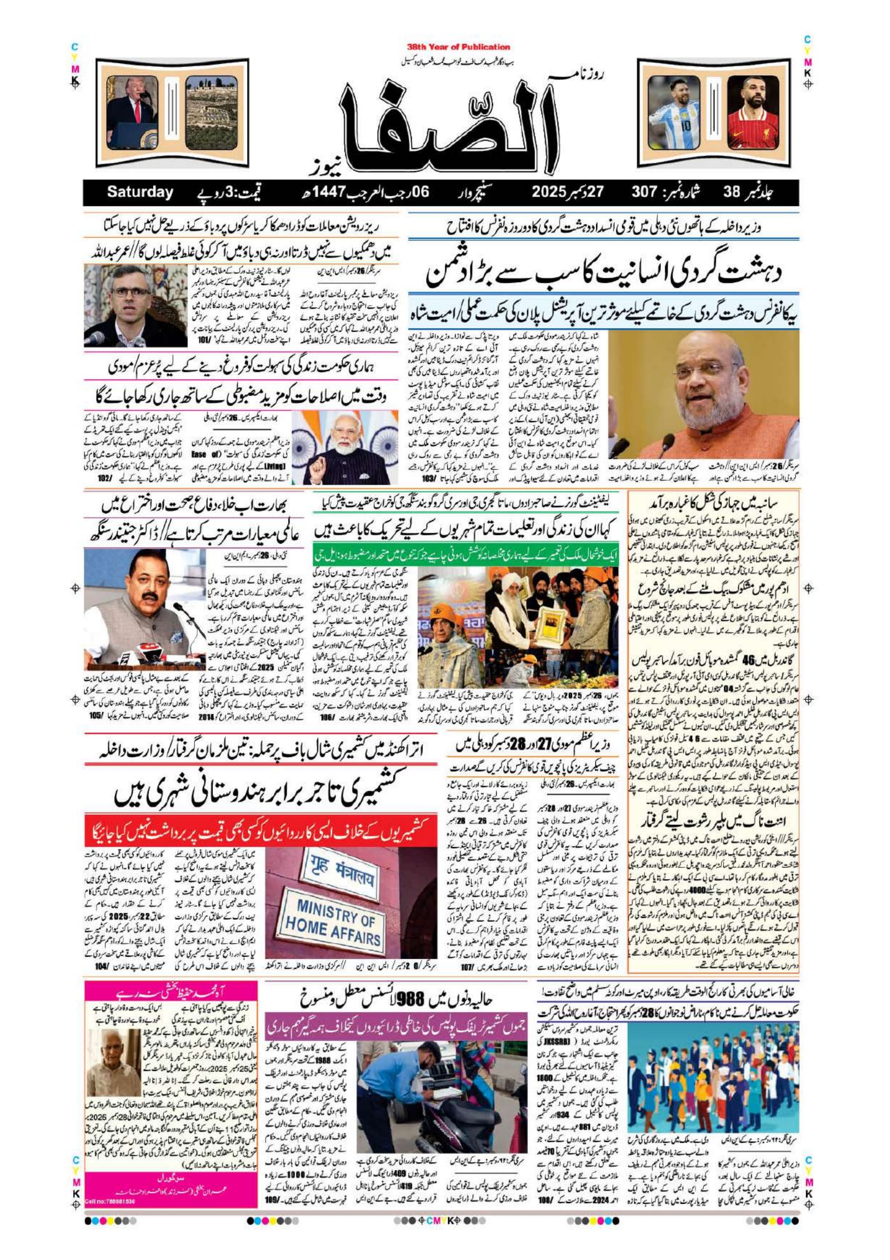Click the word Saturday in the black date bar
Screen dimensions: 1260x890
pyautogui.click(x=140, y=193)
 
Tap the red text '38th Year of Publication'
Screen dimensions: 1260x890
pyautogui.click(x=458, y=47)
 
